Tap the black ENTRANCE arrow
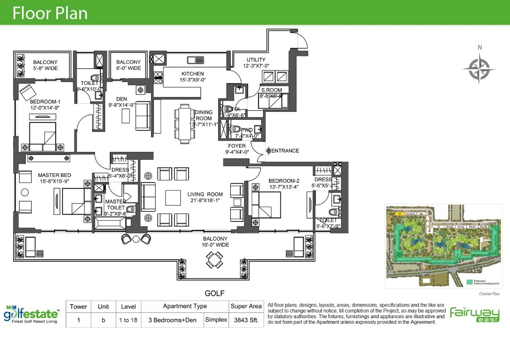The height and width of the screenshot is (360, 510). click(x=269, y=151)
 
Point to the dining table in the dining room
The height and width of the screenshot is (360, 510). click(x=184, y=124)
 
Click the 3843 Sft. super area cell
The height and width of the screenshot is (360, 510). click(x=246, y=320)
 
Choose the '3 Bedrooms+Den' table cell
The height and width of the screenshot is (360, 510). click(x=172, y=320)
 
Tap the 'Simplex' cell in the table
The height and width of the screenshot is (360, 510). click(x=216, y=320)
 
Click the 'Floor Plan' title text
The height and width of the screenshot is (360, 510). click(x=50, y=13)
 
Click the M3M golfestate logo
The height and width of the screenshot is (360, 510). click(x=32, y=313)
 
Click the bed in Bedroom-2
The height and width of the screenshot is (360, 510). click(x=266, y=205)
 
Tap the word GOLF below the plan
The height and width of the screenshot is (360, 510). click(x=215, y=294)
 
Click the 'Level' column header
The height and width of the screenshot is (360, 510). click(x=128, y=307)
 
